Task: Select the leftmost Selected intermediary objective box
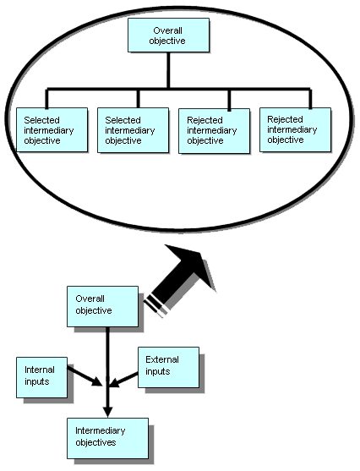tap(47, 129)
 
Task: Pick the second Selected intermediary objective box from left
tap(128, 129)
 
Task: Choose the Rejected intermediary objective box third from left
tap(209, 129)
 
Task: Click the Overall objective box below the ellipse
tap(101, 305)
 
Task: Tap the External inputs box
tap(168, 365)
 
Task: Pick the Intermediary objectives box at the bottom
tap(106, 437)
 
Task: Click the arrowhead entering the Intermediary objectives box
tap(107, 409)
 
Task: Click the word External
tap(162, 359)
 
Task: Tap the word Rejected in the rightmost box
tap(285, 119)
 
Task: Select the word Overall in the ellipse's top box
tap(167, 30)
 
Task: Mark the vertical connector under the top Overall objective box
tap(167, 70)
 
